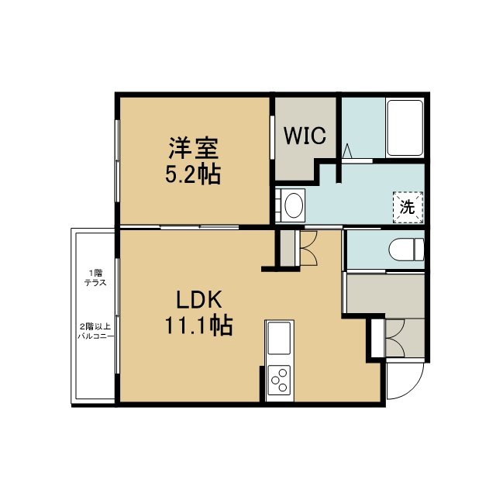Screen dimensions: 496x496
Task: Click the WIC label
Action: coord(305,136)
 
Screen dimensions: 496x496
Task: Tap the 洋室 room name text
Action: coord(194,148)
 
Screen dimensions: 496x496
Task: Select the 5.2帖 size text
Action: coord(193,174)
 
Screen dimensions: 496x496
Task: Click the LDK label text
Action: coord(198,300)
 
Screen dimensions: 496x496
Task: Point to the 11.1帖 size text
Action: coord(198,325)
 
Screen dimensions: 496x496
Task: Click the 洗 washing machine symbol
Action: coord(408,207)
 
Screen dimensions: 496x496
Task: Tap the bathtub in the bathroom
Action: coord(405,128)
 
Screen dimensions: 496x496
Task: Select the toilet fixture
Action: coord(407,250)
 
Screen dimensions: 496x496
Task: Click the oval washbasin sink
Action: coord(294,205)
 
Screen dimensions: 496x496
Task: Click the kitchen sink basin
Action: coord(279,338)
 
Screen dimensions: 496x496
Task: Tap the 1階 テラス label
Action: coord(95,277)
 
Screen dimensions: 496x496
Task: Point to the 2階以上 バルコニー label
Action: coord(95,331)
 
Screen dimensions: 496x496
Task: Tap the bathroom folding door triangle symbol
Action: coord(347,151)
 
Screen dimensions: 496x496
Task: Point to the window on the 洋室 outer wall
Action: coord(117,160)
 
